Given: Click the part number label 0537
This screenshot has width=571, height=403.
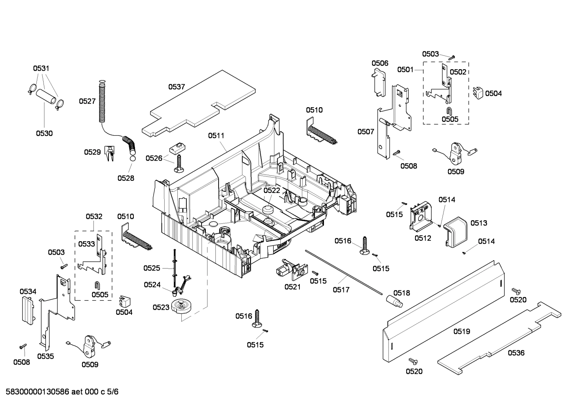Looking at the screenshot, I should [x=177, y=87].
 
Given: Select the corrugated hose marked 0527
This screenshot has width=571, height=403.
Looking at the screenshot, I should [x=102, y=101].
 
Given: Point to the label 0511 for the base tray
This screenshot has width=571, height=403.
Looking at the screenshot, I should [x=216, y=135].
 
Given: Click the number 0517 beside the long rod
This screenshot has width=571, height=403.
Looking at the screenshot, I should [x=341, y=290].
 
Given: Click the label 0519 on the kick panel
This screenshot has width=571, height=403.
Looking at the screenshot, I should [x=462, y=331].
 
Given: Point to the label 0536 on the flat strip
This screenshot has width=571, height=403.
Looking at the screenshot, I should [x=516, y=352].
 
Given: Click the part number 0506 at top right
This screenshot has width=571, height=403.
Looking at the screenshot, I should [x=380, y=63].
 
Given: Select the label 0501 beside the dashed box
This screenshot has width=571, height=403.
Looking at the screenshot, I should [x=405, y=70].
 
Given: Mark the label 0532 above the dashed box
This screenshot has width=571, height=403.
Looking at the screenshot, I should [x=94, y=216].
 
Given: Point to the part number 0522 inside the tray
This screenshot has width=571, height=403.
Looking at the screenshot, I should [x=272, y=190].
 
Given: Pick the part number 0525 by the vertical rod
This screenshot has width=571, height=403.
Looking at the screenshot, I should [x=152, y=268].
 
